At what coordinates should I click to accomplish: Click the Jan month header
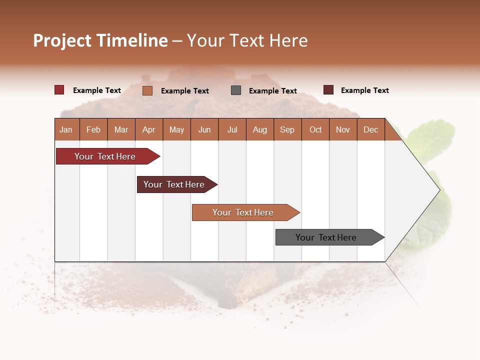click(x=66, y=129)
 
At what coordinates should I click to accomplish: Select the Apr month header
click(x=148, y=129)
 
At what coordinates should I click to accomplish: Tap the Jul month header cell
click(x=232, y=129)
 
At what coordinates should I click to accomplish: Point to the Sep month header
click(x=287, y=129)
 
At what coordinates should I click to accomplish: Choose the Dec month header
click(x=370, y=129)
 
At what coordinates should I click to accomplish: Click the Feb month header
click(x=93, y=129)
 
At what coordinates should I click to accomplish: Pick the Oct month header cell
click(x=315, y=129)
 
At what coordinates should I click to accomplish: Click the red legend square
click(x=59, y=90)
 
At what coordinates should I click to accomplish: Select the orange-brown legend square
click(x=147, y=90)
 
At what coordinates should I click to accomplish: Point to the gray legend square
click(x=236, y=90)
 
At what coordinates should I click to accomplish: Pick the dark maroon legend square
click(x=328, y=90)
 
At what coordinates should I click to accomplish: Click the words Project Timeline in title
click(x=100, y=40)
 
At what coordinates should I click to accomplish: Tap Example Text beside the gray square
click(x=272, y=91)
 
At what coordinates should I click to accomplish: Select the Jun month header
click(x=204, y=129)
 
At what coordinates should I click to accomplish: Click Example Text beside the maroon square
click(x=364, y=90)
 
